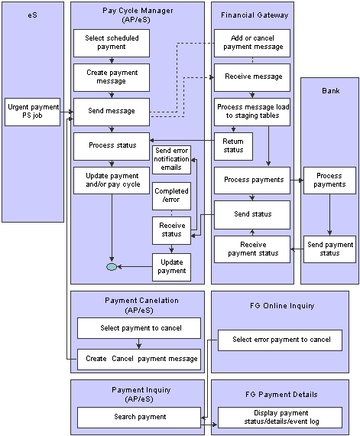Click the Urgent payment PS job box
click(33, 112)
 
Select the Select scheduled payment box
click(112, 43)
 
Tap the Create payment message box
click(112, 77)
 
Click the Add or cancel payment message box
click(252, 43)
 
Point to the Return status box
click(233, 146)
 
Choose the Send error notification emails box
click(171, 160)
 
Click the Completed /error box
click(171, 196)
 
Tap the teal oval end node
click(112, 267)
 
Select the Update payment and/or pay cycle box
click(112, 181)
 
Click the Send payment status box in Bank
click(329, 249)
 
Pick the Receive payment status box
click(252, 249)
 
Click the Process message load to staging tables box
click(252, 112)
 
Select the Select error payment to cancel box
click(280, 340)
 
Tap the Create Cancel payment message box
click(139, 360)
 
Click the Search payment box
click(139, 418)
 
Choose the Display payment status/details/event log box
click(280, 418)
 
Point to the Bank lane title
click(330, 91)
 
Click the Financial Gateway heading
click(255, 15)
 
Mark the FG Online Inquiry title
click(282, 306)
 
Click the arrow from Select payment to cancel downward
click(139, 343)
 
